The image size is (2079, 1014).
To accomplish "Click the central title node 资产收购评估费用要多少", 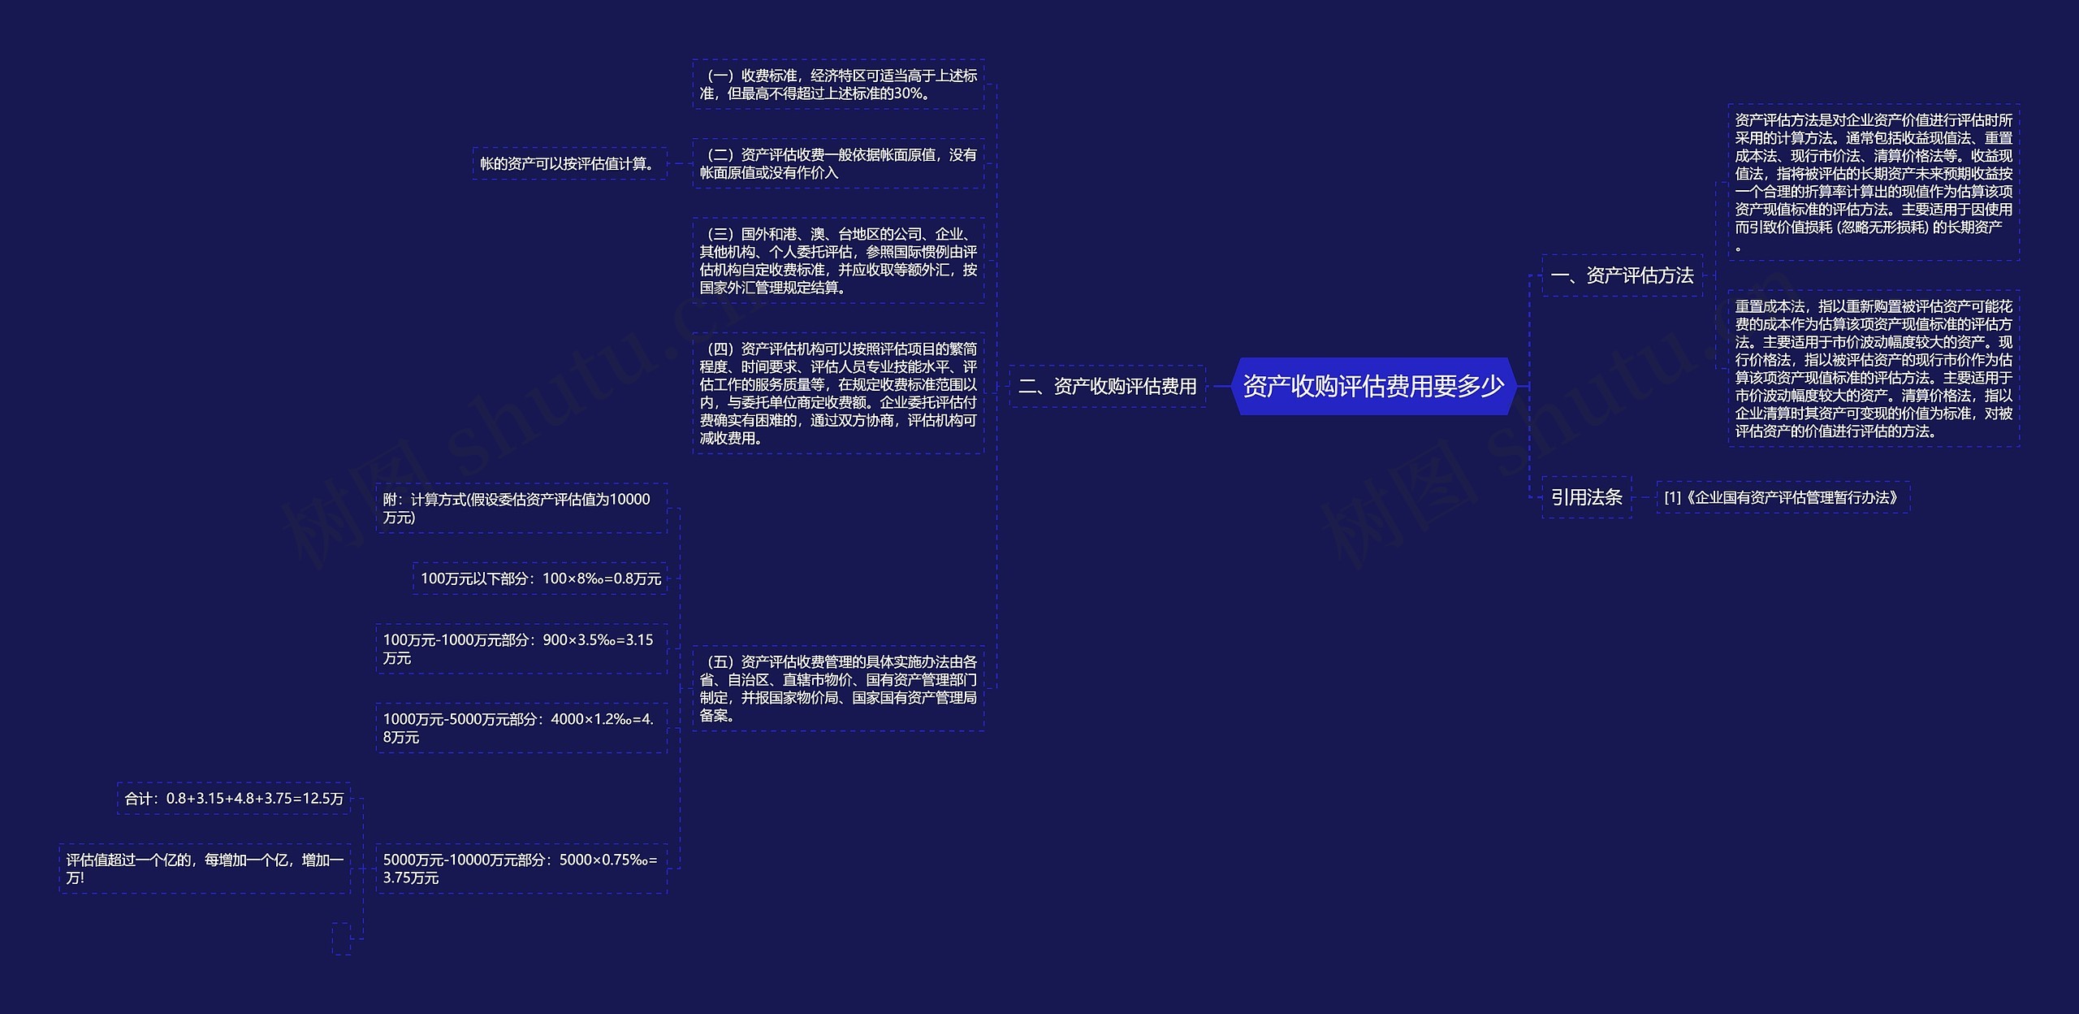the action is pos(1373,386).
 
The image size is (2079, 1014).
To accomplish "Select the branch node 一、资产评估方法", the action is pos(1622,275).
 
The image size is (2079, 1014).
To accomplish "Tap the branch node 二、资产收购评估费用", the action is pos(1108,386).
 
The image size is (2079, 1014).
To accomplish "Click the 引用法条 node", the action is pos(1586,497).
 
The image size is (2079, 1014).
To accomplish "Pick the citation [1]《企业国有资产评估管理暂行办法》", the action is pos(1783,497).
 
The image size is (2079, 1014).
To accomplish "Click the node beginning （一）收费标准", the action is pos(838,84).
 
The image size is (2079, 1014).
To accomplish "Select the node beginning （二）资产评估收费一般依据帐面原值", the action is pos(838,163).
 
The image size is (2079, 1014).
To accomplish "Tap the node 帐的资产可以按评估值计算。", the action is pos(569,163).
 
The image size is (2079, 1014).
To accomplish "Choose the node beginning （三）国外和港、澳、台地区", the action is pos(838,260).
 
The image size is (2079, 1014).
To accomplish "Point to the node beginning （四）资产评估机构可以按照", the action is pos(838,393).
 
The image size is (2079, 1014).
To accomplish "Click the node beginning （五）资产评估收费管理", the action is pos(838,688).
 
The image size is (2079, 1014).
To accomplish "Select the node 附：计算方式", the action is pos(521,508).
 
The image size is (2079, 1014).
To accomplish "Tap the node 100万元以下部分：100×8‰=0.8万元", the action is pos(540,578).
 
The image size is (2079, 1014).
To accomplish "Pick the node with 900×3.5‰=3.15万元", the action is pos(521,648).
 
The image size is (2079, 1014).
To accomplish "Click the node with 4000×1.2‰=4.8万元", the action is pos(521,728).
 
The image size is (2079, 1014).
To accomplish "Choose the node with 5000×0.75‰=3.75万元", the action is pos(521,869).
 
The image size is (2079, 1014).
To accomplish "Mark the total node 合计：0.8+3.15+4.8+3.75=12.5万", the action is pos(234,799).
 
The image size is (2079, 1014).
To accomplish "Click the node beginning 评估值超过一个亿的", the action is pos(205,869).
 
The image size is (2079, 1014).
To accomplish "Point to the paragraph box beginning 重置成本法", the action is pos(1874,368).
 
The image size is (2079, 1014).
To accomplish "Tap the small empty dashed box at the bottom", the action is pos(341,938).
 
